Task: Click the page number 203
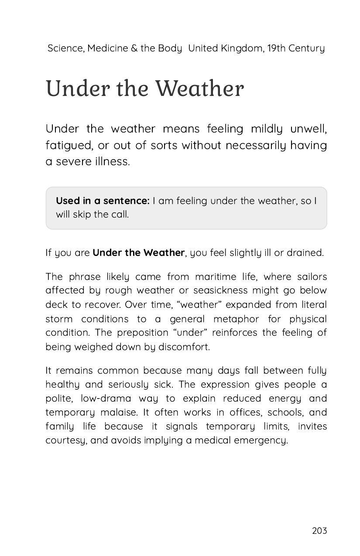coord(319,531)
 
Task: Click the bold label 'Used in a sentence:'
coord(103,201)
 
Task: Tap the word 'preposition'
coord(142,333)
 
